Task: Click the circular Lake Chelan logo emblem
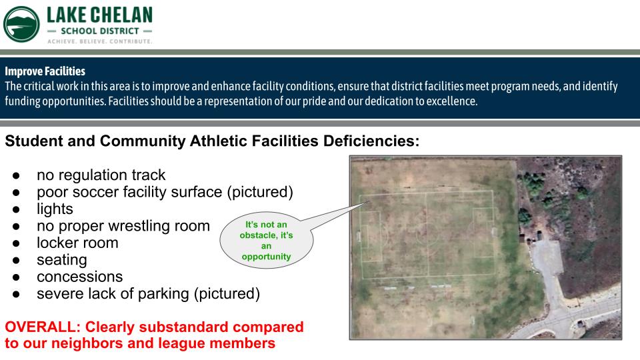tap(21, 24)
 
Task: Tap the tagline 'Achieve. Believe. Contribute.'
tap(100, 41)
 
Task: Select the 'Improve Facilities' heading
tap(45, 71)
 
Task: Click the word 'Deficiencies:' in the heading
tap(371, 141)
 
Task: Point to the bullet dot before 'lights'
tap(16, 209)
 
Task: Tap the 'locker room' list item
tap(77, 243)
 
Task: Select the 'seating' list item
tap(62, 261)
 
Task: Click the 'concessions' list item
tap(79, 277)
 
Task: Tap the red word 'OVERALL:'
tap(43, 327)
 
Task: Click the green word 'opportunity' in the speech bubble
tap(266, 257)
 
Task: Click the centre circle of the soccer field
tap(427, 234)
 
